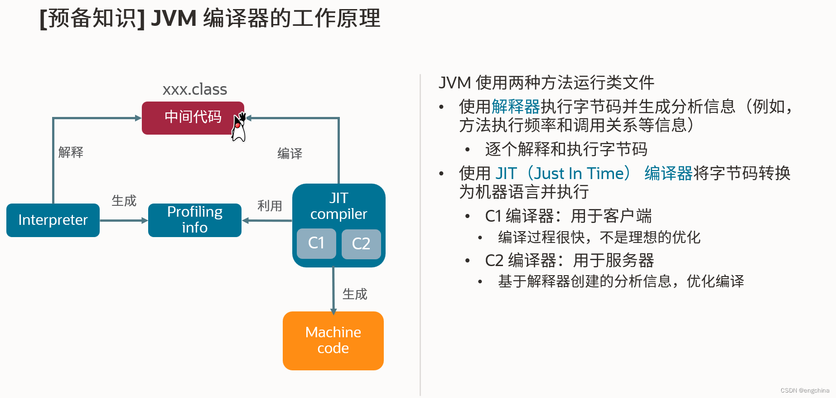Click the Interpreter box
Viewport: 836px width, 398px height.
click(x=53, y=220)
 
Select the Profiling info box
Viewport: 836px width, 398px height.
click(x=195, y=220)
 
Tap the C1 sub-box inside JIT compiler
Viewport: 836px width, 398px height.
click(x=316, y=243)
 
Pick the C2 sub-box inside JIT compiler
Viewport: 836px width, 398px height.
click(x=361, y=244)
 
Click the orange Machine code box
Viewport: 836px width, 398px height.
click(x=333, y=340)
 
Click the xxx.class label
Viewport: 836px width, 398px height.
click(x=195, y=90)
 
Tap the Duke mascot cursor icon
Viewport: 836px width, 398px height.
click(x=239, y=128)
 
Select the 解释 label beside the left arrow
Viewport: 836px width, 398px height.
click(x=71, y=152)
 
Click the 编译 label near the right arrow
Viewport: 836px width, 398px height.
click(x=290, y=154)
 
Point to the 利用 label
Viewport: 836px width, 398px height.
click(x=270, y=206)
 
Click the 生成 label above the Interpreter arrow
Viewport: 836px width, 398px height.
click(x=124, y=200)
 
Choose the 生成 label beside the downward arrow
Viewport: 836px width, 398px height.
click(x=355, y=294)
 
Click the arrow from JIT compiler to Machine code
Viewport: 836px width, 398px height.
click(x=333, y=290)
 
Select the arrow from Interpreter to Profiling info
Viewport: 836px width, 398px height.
click(x=124, y=220)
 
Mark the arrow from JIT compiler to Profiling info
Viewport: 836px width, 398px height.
click(x=267, y=220)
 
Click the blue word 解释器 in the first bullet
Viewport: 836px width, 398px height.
click(x=516, y=107)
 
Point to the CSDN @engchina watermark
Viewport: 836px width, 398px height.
click(x=805, y=390)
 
